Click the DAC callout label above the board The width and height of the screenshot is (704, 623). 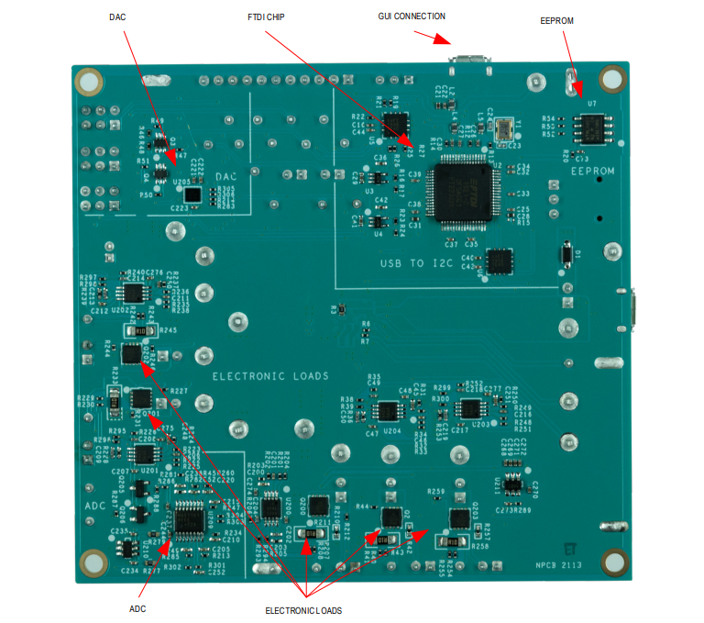tap(117, 17)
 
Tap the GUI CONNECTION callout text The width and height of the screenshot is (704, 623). tap(412, 17)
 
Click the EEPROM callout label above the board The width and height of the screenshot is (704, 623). tap(557, 20)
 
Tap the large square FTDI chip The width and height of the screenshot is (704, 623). tap(467, 189)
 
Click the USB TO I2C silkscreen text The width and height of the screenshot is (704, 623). tap(417, 263)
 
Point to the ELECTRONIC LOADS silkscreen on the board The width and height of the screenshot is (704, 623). tap(270, 376)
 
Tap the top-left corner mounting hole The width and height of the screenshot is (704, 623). tap(89, 82)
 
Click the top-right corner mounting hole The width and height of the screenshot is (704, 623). tap(610, 81)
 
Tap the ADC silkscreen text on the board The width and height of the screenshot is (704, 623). tap(96, 506)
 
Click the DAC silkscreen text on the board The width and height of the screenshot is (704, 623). tap(225, 176)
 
